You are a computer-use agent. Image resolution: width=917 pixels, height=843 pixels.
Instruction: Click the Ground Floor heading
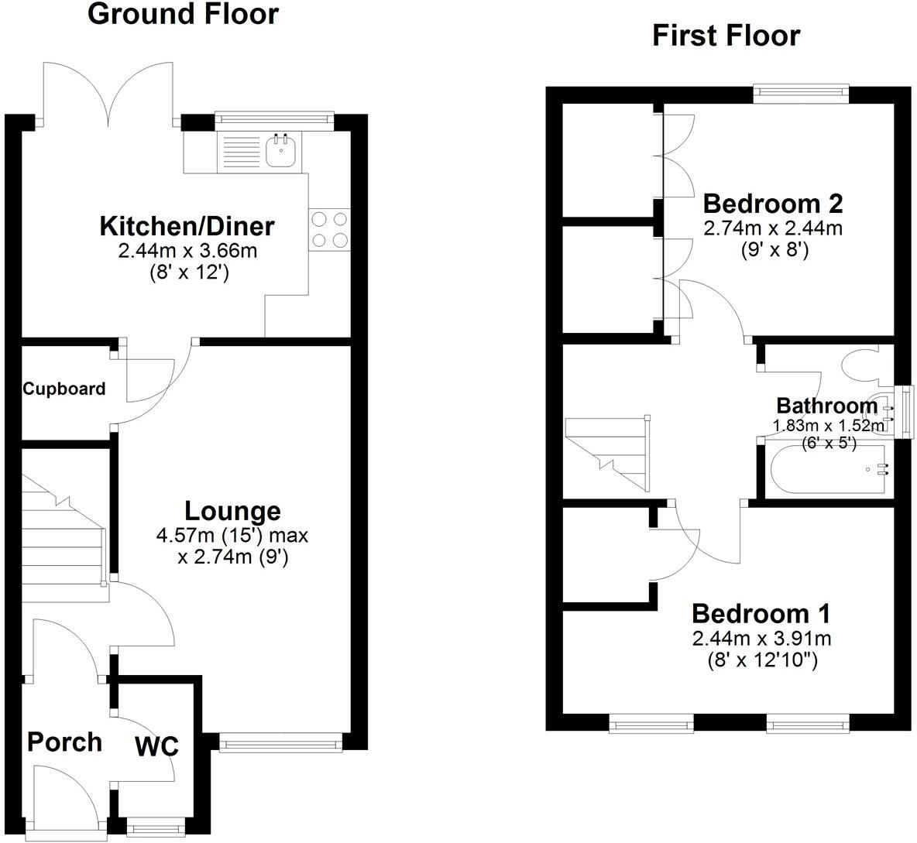tap(183, 14)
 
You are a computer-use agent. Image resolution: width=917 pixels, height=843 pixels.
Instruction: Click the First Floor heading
tap(726, 36)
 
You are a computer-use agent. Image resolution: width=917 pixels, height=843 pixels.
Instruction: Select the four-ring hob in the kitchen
tap(329, 230)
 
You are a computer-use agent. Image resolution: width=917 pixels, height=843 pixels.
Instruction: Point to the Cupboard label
tap(64, 389)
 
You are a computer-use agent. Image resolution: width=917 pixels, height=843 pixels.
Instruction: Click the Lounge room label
tap(233, 511)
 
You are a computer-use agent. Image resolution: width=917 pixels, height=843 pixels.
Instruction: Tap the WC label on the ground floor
tap(156, 746)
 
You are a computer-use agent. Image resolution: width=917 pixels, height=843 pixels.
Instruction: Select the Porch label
tap(65, 742)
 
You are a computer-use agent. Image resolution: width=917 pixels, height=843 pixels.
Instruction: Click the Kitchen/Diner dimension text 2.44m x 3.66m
tap(187, 252)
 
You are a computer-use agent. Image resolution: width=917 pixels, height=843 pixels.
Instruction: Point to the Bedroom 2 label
tap(773, 204)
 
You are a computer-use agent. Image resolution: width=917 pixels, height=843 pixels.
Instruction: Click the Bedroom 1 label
tap(761, 614)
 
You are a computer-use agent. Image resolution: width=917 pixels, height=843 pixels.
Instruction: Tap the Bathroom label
tap(827, 406)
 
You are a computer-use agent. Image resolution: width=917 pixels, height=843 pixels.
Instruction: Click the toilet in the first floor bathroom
tap(867, 362)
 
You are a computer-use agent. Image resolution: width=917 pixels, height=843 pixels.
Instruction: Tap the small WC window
tap(156, 828)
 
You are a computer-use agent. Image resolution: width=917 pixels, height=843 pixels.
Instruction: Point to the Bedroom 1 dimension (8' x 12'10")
tap(761, 660)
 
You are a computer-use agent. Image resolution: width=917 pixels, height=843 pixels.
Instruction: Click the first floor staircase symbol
tap(608, 453)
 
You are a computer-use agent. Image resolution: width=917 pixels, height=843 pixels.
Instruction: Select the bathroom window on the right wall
tap(906, 411)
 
